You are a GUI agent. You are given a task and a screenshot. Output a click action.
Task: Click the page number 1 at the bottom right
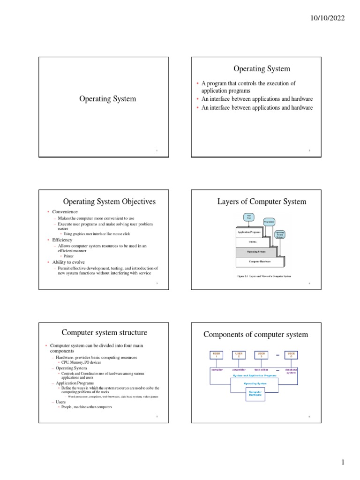tap(343, 462)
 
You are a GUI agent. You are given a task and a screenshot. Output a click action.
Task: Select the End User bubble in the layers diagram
tap(249, 217)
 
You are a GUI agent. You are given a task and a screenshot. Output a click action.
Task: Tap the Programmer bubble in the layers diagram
tap(269, 221)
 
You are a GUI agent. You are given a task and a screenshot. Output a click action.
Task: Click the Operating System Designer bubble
tap(279, 234)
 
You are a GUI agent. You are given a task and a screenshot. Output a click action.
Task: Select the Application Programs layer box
tap(249, 232)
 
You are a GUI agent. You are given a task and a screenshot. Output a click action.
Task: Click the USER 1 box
tap(217, 355)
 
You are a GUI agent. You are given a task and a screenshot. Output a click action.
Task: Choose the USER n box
tap(291, 355)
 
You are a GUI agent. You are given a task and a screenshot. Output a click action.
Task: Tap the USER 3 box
tap(261, 355)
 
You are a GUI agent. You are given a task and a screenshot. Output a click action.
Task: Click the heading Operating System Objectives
tap(109, 202)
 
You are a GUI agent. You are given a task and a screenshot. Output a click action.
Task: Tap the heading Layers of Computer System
tap(262, 202)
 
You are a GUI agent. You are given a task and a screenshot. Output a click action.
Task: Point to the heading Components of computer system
tap(255, 334)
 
